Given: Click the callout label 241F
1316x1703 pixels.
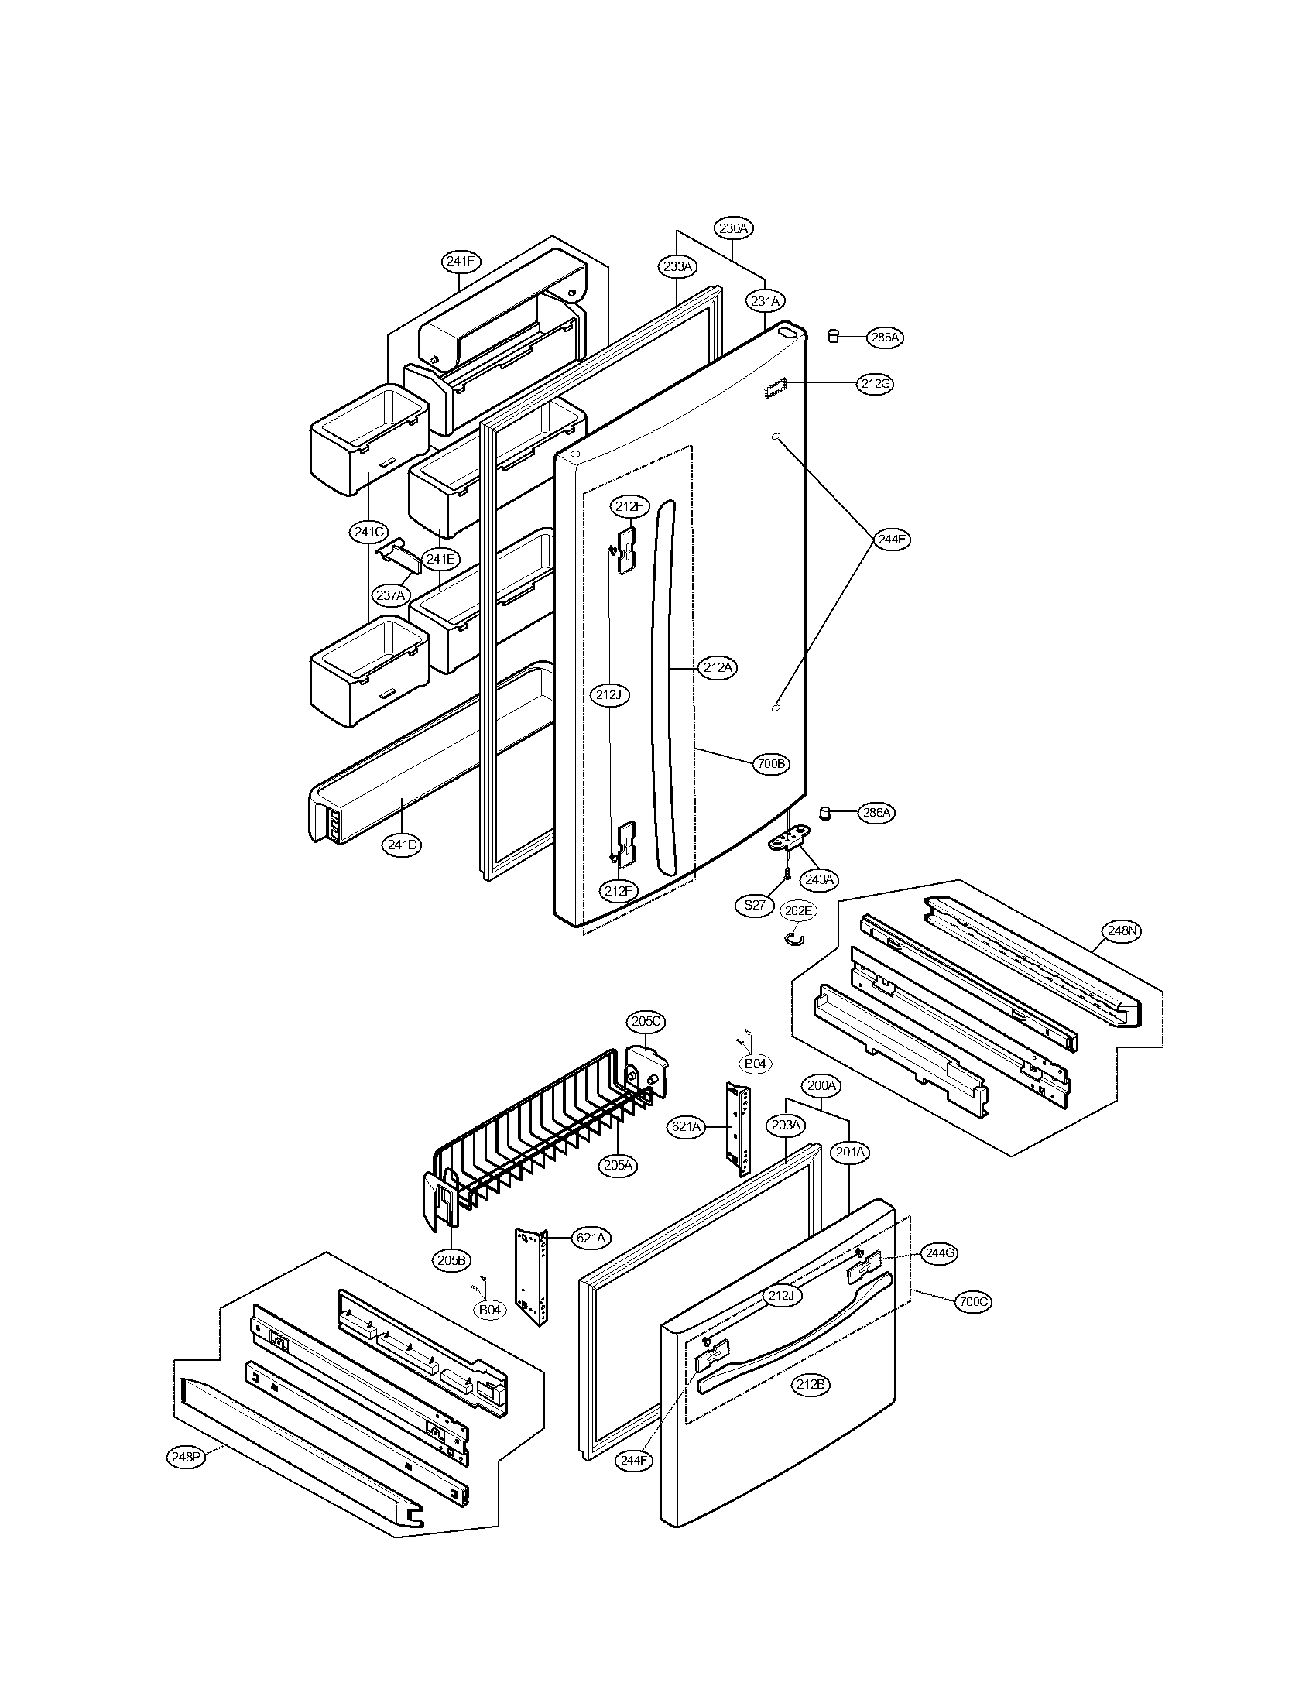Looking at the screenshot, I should point(461,261).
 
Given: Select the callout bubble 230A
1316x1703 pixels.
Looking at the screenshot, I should point(733,228).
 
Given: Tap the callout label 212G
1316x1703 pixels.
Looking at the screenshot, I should point(876,384).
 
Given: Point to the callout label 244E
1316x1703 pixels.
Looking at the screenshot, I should point(891,539).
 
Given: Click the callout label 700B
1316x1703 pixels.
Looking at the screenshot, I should point(771,764).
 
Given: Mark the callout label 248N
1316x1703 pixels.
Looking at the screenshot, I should point(1121,930).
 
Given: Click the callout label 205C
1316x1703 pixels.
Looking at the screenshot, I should point(647,1022).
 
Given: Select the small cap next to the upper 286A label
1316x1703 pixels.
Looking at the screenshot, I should point(833,335).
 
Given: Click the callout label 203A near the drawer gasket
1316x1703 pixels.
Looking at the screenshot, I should point(786,1125).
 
